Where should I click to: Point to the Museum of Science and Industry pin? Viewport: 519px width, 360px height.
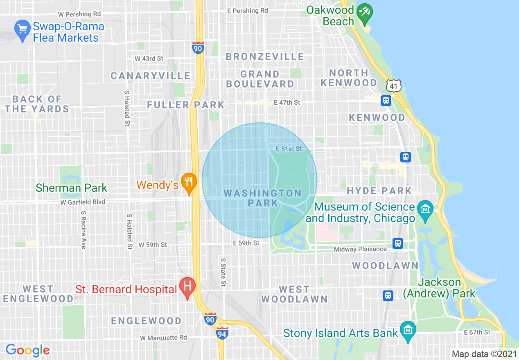(x=425, y=209)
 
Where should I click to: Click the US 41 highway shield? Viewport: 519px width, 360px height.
(x=393, y=85)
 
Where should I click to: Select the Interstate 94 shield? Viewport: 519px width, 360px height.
(x=222, y=333)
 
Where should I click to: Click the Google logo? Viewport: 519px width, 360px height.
(x=27, y=350)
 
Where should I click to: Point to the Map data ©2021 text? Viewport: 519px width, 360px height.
(x=484, y=354)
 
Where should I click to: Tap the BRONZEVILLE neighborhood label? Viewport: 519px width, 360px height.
(x=265, y=56)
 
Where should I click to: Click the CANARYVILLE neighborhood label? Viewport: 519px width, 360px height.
(x=151, y=76)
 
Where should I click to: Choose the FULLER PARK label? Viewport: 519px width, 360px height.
(x=186, y=105)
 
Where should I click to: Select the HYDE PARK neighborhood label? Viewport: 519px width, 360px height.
(x=379, y=191)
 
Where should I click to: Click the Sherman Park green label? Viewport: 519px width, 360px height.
(x=72, y=188)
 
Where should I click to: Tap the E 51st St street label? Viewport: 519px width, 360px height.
(x=289, y=149)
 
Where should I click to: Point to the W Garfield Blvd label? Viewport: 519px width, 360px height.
(x=83, y=202)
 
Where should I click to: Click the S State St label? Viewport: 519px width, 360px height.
(x=223, y=272)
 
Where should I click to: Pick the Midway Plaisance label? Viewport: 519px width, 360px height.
(x=360, y=249)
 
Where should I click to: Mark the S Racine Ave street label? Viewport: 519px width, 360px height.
(x=83, y=230)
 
